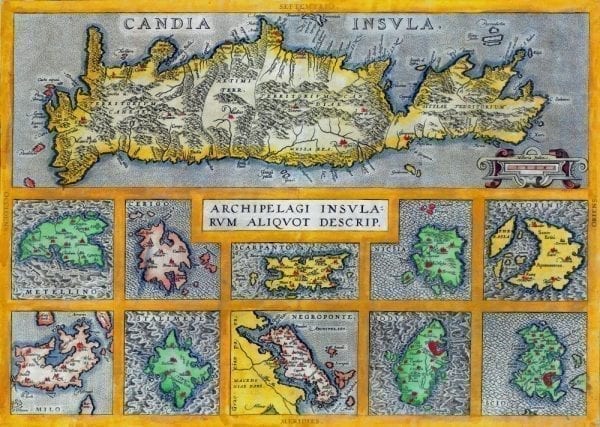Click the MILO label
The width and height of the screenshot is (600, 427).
tap(36, 407)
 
